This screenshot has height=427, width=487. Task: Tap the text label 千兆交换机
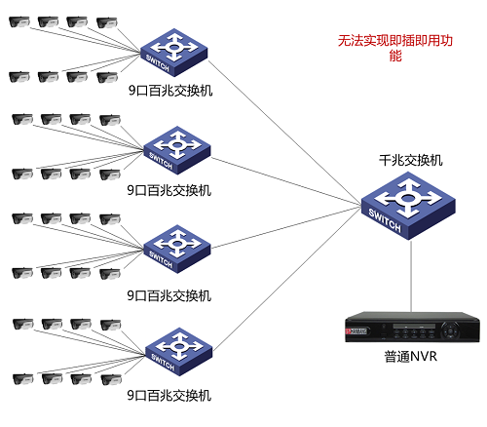click(410, 159)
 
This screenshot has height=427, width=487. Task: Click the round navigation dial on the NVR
click(451, 330)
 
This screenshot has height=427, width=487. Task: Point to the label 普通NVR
click(410, 356)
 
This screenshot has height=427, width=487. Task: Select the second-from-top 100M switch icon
click(174, 147)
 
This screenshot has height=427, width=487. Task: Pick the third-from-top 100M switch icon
click(174, 248)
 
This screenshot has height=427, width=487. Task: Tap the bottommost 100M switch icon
click(174, 351)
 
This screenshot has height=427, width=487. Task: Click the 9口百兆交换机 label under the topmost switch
click(169, 90)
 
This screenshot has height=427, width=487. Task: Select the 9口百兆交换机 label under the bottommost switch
click(169, 395)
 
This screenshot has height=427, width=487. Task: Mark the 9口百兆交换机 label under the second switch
click(169, 190)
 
